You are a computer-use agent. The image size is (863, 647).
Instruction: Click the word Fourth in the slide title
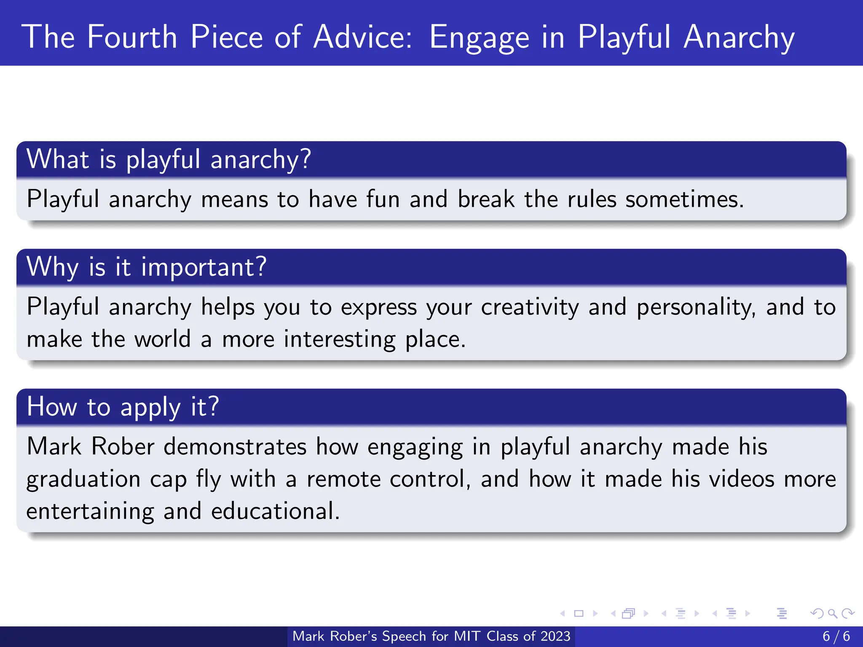132,37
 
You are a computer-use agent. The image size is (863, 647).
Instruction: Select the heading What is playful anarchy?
169,159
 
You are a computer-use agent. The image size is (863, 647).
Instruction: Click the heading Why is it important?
146,267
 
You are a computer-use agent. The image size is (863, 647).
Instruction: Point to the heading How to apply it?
123,407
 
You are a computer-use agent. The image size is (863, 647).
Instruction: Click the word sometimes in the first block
684,199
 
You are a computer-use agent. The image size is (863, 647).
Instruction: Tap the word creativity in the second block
530,307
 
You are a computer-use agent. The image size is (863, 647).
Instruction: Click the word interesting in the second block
339,340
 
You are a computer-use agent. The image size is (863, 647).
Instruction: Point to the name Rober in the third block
123,447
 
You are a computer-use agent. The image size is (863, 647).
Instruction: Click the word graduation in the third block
83,479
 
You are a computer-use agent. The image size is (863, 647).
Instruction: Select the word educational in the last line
275,511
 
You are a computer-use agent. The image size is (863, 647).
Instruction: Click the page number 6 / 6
836,636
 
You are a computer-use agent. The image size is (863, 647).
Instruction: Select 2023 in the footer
555,636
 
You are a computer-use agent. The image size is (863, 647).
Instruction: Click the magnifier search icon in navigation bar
832,614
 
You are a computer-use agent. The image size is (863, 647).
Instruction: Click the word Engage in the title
479,37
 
